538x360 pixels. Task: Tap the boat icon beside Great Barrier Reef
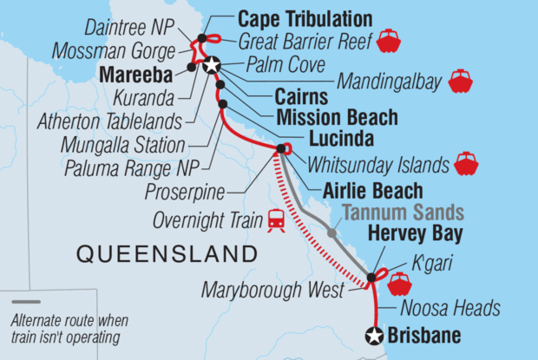[388, 40]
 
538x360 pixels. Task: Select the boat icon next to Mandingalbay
[460, 83]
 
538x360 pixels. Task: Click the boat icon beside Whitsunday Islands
[467, 162]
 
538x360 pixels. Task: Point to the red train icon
[278, 221]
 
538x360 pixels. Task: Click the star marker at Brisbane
[374, 337]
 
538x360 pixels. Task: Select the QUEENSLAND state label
[167, 254]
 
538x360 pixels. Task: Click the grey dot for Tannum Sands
[331, 232]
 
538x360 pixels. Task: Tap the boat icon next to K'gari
[400, 282]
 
